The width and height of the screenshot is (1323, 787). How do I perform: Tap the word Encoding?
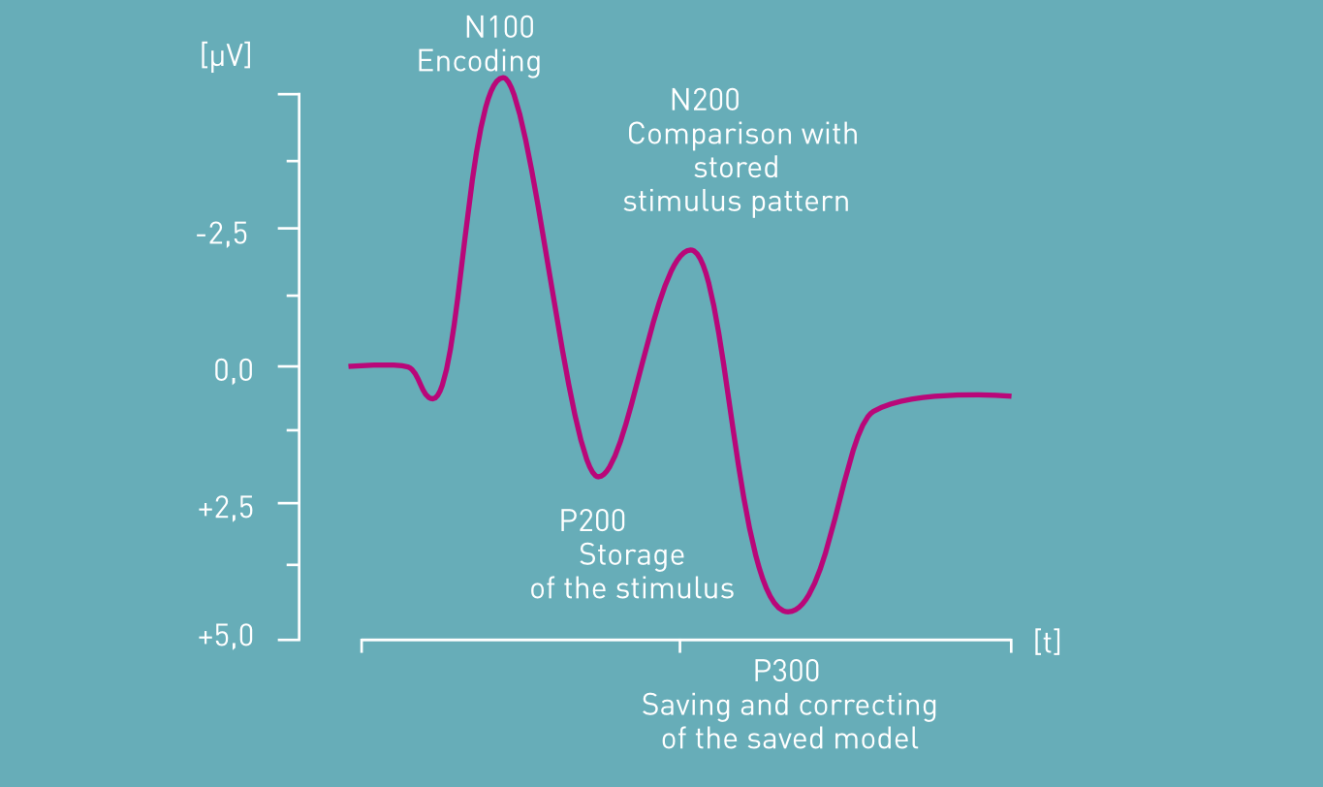(x=479, y=62)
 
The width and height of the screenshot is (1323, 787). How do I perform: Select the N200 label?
(x=705, y=100)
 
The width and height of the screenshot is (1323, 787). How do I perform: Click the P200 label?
(x=592, y=521)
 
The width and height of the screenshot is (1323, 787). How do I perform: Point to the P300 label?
(x=786, y=672)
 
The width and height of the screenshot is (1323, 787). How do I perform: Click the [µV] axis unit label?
(x=226, y=57)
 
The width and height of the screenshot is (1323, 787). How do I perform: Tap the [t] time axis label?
(x=1047, y=643)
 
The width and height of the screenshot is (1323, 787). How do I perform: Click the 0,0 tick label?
(x=233, y=370)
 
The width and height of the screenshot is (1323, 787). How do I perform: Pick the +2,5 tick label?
(x=225, y=508)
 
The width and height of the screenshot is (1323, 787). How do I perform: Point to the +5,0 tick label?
(x=225, y=638)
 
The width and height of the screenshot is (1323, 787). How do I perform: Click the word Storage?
(x=631, y=555)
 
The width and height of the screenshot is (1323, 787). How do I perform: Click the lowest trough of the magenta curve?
(x=788, y=612)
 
